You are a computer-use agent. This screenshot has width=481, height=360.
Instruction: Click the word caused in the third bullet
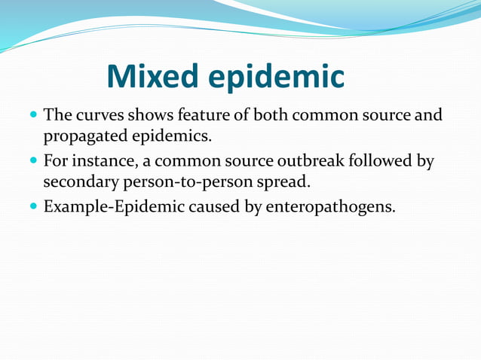206,206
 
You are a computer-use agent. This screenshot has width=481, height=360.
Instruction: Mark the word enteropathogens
329,206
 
